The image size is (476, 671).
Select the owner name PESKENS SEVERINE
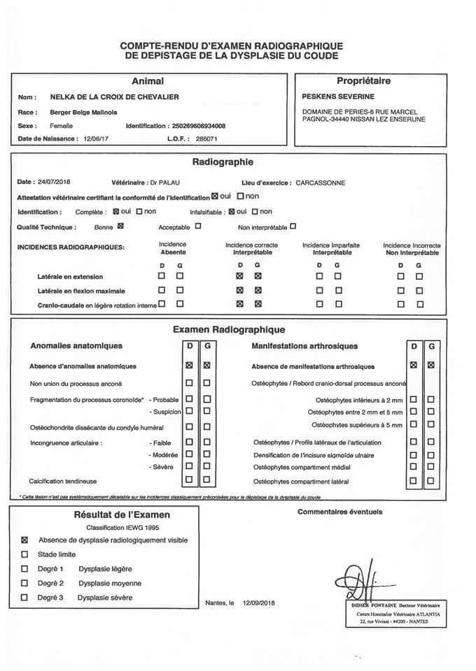(337, 96)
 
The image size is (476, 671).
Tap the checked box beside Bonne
(120, 226)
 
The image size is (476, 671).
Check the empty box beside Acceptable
(198, 226)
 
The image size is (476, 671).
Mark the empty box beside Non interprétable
(293, 226)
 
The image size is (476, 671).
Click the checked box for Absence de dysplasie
(25, 540)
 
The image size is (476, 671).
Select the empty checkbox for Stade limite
(25, 554)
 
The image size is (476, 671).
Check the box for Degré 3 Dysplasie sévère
(25, 598)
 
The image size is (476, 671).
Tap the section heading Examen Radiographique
(228, 329)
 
